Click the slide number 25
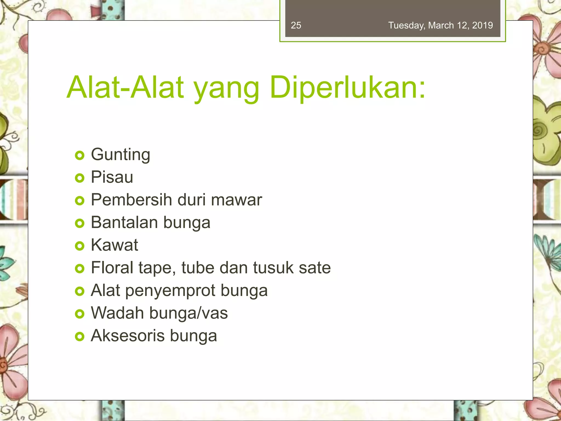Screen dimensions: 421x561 [x=296, y=25]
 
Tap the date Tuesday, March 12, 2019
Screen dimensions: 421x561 [x=440, y=25]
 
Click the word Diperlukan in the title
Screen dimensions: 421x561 [x=347, y=88]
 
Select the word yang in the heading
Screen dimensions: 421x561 [x=226, y=89]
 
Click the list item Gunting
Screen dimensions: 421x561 [x=121, y=155]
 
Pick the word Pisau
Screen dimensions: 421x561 [x=112, y=177]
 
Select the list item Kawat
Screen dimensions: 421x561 [x=115, y=245]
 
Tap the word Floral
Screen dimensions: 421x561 [x=112, y=268]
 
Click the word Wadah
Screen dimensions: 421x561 [x=117, y=313]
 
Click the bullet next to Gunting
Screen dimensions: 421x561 [x=79, y=156]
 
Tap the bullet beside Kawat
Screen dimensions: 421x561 [x=79, y=246]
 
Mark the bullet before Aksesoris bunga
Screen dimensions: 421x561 [x=79, y=337]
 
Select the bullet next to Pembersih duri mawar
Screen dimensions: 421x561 [x=79, y=201]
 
